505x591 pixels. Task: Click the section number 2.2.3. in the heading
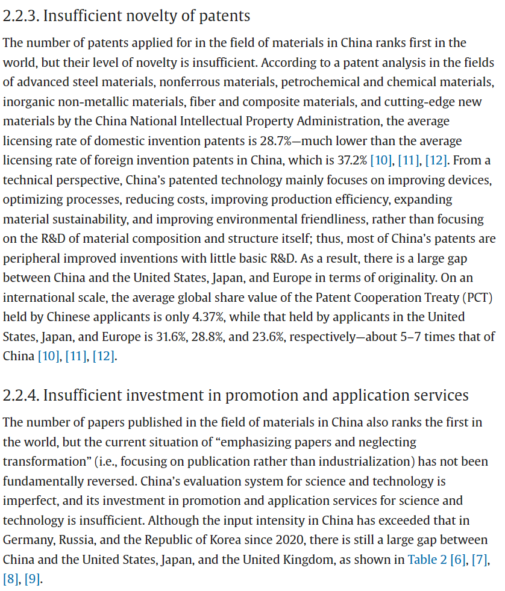pos(20,16)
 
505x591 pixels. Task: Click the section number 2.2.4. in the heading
pos(20,395)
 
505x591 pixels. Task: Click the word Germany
pos(26,540)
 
